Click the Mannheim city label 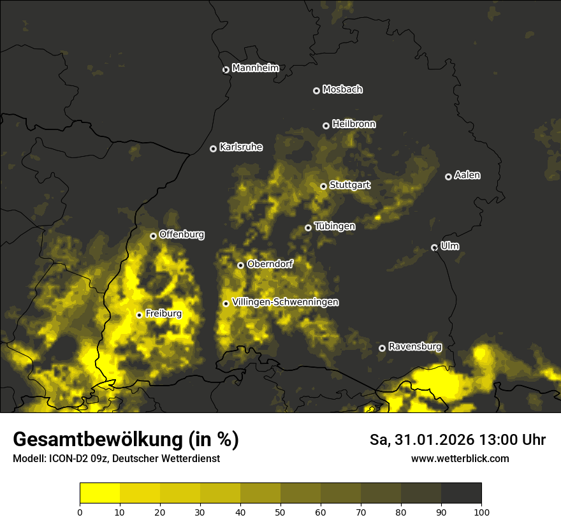coord(255,68)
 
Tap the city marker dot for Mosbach coord(316,91)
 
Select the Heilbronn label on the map coord(354,124)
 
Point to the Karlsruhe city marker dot coord(214,149)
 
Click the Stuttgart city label coord(349,185)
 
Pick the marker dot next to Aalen coord(448,177)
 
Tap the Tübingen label coord(335,226)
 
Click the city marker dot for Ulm coord(434,247)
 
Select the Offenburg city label coord(182,235)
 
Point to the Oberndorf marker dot coord(240,265)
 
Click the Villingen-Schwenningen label coord(285,302)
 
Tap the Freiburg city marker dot coord(139,315)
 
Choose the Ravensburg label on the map coord(414,347)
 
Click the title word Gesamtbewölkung coord(98,440)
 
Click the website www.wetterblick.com coord(460,458)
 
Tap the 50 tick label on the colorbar coord(280,512)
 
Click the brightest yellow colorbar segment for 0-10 coord(99,493)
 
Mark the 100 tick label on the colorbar coord(481,512)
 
